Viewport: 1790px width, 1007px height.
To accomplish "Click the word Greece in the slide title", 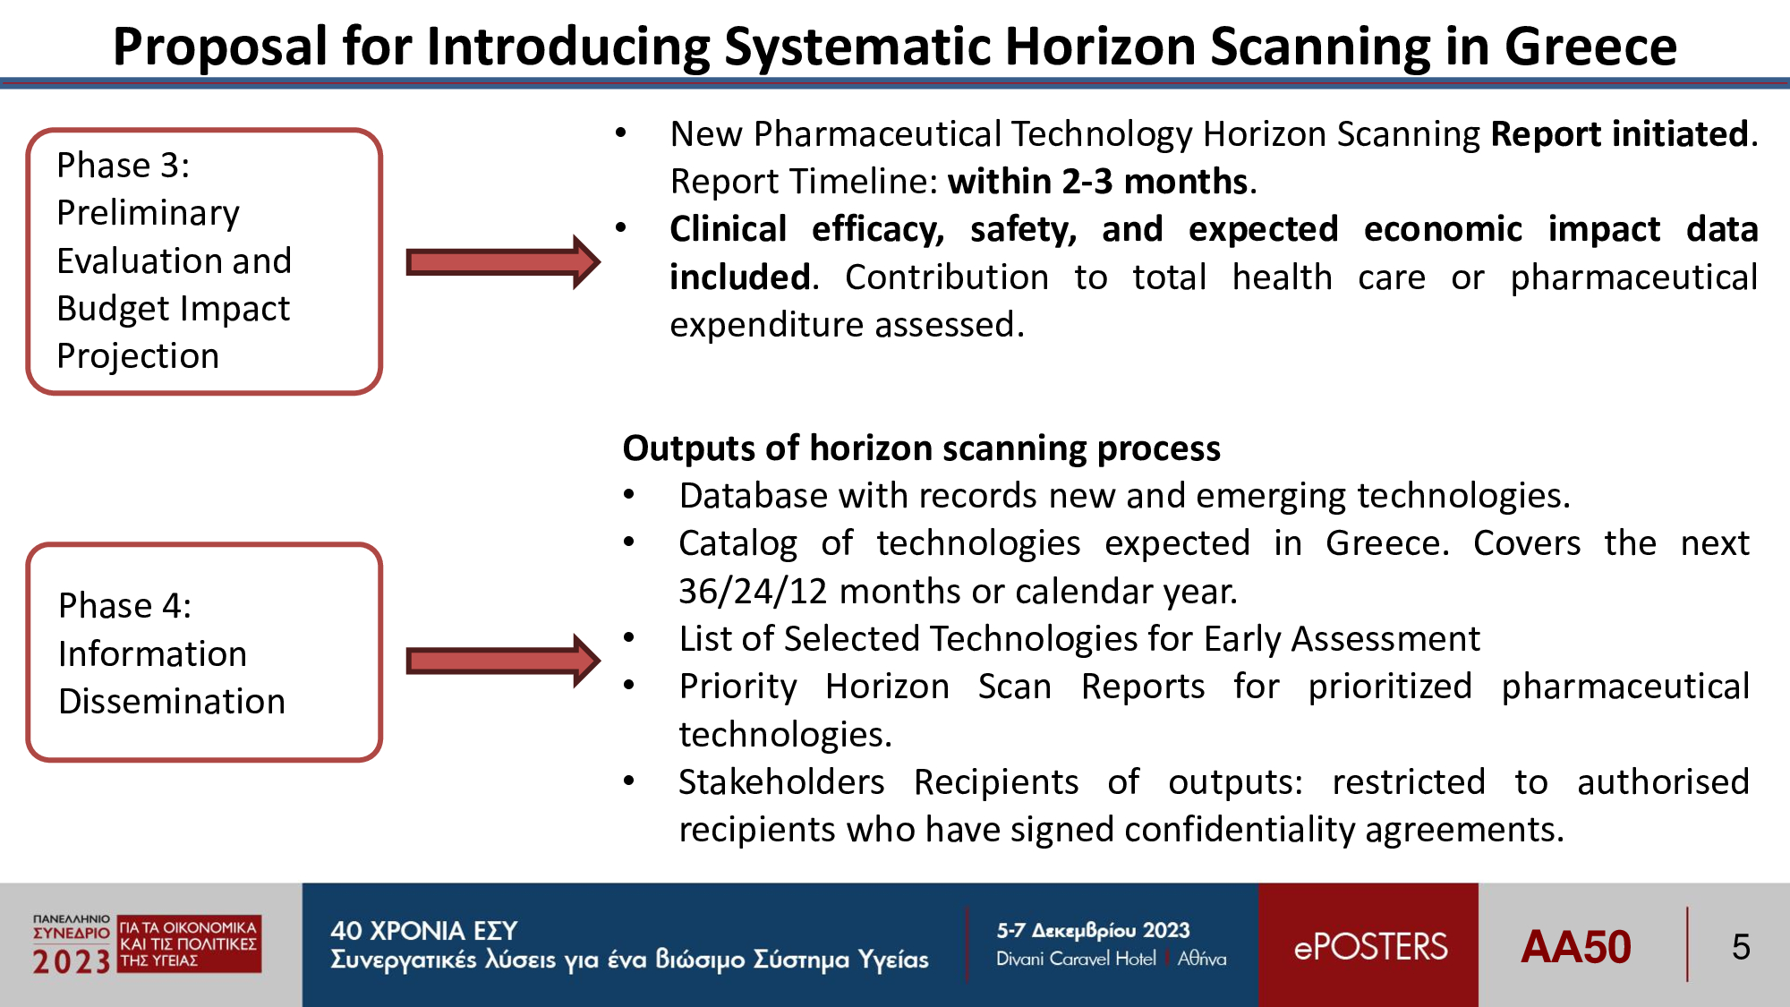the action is tap(1590, 47).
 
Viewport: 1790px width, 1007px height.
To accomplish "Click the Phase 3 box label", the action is tap(175, 260).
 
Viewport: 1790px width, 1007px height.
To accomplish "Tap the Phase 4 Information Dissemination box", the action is tap(205, 652).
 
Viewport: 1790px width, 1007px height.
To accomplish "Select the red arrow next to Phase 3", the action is tap(503, 262).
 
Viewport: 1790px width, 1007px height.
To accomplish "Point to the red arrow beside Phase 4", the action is tap(503, 661).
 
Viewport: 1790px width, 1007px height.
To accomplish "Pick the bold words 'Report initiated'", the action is tap(1619, 134).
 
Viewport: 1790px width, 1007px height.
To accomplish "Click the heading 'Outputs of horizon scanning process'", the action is tap(922, 448).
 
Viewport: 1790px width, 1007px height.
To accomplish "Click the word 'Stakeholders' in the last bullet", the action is tap(781, 782).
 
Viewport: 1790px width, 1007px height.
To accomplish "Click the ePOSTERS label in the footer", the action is tap(1370, 947).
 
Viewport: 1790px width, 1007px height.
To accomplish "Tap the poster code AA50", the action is tap(1576, 947).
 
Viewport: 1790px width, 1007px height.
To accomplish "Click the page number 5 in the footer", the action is tap(1741, 947).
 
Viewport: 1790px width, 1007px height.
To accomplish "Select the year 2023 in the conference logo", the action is tap(72, 962).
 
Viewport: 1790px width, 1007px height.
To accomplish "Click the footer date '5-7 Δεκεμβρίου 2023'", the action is tap(1093, 931).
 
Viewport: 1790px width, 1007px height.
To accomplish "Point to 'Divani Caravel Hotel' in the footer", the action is tap(1076, 959).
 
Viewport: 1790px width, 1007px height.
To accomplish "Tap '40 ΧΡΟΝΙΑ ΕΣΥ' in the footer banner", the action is tap(424, 931).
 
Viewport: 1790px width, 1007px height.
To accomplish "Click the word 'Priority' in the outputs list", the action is tap(738, 687).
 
